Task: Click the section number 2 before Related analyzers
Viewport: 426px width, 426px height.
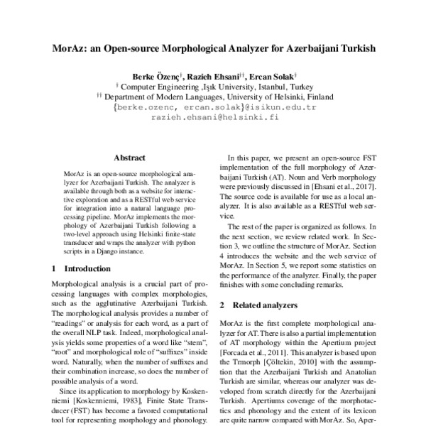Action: pyautogui.click(x=222, y=305)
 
